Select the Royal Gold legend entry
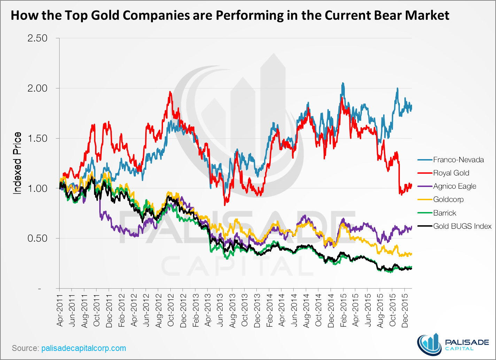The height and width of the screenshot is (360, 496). pyautogui.click(x=451, y=173)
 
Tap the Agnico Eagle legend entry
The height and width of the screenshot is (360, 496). pyautogui.click(x=455, y=186)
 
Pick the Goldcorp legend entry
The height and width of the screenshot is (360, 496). pyautogui.click(x=448, y=199)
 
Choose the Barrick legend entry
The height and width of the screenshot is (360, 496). pyautogui.click(x=444, y=213)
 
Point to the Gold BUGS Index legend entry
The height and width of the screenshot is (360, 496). pyautogui.click(x=462, y=226)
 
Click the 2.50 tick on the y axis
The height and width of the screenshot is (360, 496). pyautogui.click(x=37, y=38)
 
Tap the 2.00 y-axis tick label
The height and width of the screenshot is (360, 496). pyautogui.click(x=37, y=88)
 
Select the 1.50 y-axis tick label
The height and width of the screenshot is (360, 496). pyautogui.click(x=37, y=139)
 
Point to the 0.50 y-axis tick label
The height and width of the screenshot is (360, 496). pyautogui.click(x=37, y=238)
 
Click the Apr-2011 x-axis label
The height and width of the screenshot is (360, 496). pyautogui.click(x=60, y=313)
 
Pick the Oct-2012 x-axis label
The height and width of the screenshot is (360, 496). pyautogui.click(x=171, y=313)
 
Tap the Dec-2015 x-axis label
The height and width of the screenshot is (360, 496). pyautogui.click(x=405, y=313)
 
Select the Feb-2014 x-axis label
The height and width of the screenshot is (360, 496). pyautogui.click(x=269, y=313)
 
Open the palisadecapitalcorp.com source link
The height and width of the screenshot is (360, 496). pyautogui.click(x=84, y=348)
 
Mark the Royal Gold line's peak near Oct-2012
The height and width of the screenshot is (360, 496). pyautogui.click(x=170, y=92)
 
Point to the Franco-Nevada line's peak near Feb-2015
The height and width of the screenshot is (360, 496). pyautogui.click(x=343, y=83)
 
